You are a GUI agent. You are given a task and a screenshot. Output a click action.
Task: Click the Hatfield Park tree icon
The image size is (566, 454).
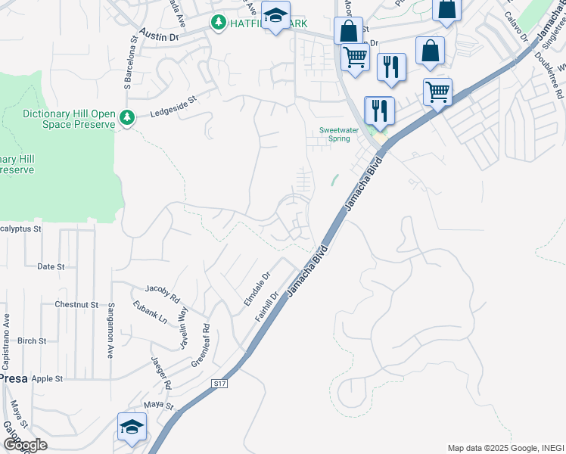click(219, 23)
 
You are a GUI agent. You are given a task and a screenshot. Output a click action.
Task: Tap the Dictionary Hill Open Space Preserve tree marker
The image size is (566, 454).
click(128, 117)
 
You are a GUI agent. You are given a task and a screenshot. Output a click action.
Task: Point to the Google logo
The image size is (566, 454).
click(25, 445)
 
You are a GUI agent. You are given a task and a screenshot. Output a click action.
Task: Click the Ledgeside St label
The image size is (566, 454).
click(173, 105)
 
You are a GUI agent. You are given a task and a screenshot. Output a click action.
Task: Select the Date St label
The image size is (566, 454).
click(51, 266)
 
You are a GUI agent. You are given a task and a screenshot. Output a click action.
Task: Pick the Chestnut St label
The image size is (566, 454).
click(76, 304)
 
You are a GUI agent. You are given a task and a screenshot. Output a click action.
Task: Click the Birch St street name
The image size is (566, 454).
click(32, 340)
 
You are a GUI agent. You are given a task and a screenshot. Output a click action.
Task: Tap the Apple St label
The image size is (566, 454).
click(47, 378)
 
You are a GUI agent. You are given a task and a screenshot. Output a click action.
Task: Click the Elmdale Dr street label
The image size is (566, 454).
click(256, 290)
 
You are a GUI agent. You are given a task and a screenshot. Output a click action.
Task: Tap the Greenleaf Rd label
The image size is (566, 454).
click(201, 346)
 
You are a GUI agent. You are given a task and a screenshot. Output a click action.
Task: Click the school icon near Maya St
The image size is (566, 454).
click(132, 427)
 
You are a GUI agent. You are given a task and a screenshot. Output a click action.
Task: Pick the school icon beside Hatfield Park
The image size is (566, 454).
click(276, 16)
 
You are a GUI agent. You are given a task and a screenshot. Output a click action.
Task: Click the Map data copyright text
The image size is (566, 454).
click(505, 448)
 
